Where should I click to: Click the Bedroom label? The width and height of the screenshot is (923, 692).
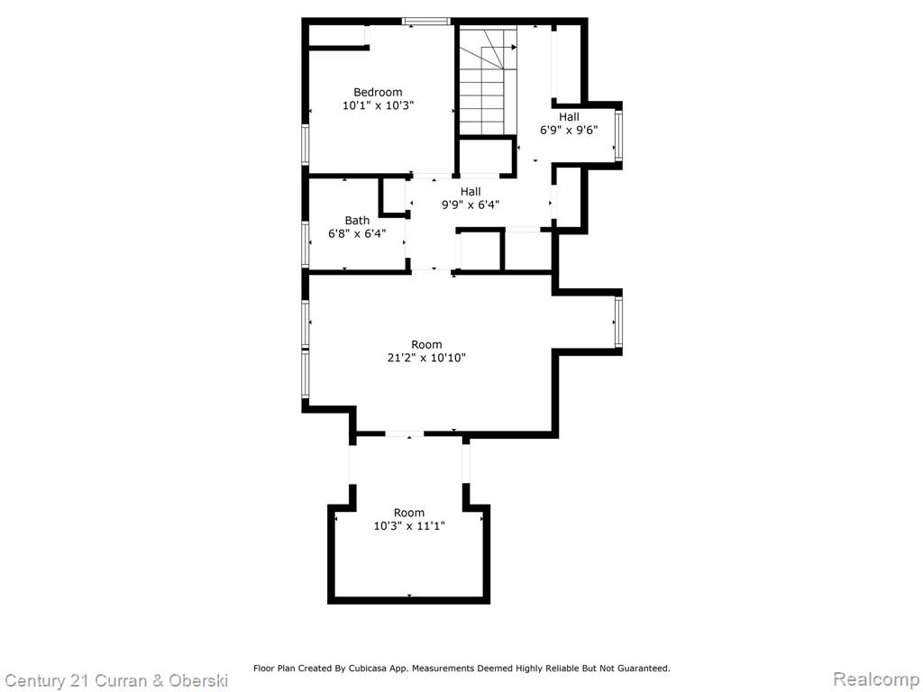click(378, 93)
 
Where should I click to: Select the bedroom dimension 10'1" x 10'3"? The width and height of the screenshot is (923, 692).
click(379, 106)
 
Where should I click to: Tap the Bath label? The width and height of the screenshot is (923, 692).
click(357, 221)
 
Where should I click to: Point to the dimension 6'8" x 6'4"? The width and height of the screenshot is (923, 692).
click(357, 233)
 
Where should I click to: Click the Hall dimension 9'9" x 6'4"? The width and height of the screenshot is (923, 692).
click(471, 205)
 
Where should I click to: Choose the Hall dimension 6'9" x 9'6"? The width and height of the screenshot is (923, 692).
click(570, 130)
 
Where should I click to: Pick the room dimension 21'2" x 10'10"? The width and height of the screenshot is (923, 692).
click(426, 358)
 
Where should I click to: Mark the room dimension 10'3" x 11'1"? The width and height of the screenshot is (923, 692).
click(409, 526)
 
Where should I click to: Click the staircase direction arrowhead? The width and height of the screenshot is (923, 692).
click(514, 47)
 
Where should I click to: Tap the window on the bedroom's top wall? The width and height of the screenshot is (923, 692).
click(426, 22)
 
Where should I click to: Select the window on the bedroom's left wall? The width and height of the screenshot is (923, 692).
click(306, 145)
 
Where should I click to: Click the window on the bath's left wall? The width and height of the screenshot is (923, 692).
click(306, 244)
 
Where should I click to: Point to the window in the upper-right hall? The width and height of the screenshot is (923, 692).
click(618, 136)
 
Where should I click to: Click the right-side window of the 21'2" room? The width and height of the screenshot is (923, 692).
click(618, 323)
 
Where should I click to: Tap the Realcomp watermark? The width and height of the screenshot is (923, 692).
click(876, 679)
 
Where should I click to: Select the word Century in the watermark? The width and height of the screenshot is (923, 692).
click(35, 681)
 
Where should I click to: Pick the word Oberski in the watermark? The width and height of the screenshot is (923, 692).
click(198, 681)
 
